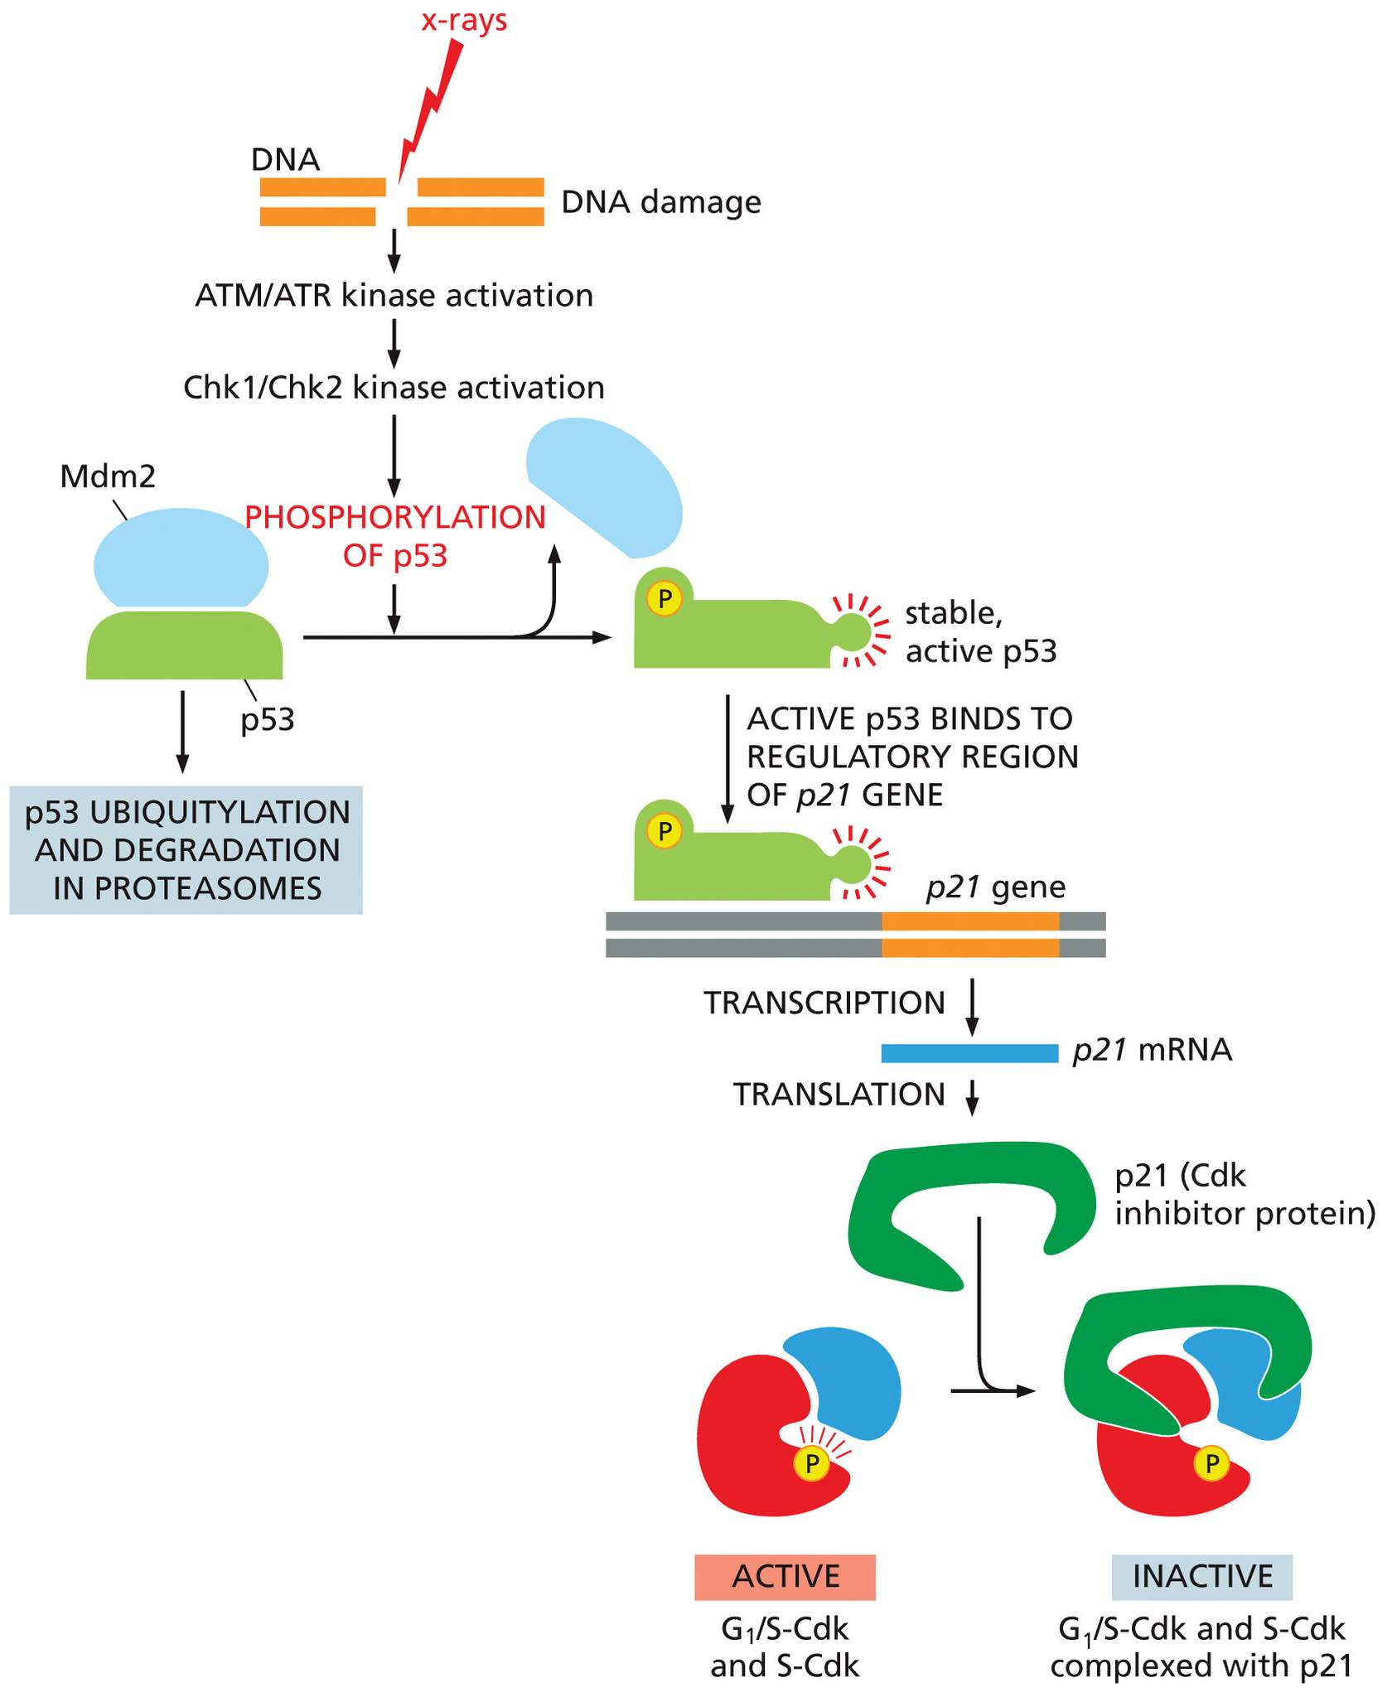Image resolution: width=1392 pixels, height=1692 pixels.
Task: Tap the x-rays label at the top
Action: point(464,20)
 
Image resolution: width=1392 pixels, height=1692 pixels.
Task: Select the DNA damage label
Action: point(661,202)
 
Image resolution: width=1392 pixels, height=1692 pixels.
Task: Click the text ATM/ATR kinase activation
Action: point(394,296)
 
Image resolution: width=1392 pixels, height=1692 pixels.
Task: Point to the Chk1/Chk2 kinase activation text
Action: point(394,388)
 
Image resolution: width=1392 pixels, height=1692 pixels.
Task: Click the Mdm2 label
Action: point(108,476)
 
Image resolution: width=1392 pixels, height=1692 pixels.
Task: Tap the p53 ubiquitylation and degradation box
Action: point(186,850)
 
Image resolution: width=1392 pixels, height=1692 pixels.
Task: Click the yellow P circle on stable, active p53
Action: point(664,597)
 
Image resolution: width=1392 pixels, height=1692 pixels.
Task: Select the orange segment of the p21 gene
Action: point(970,934)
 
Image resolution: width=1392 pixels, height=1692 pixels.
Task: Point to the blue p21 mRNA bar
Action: point(969,1053)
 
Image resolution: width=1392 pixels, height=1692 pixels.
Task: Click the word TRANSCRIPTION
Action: point(824,1003)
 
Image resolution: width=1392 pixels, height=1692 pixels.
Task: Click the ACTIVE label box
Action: point(785,1577)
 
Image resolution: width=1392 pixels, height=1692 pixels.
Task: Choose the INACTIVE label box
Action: point(1202,1577)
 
